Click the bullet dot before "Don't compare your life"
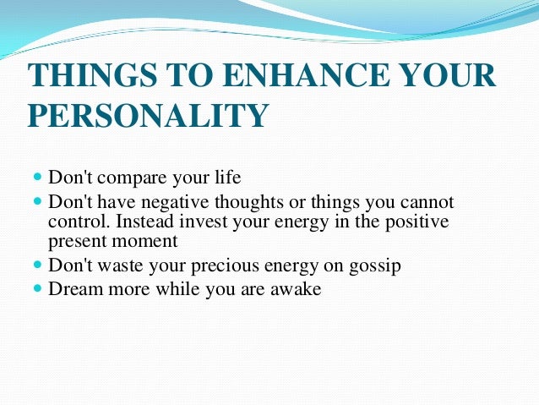(x=37, y=178)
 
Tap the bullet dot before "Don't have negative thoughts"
(x=37, y=203)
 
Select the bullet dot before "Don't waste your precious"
(x=37, y=265)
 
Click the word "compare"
(x=131, y=179)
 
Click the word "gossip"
(x=374, y=266)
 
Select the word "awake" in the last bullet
(x=296, y=288)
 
